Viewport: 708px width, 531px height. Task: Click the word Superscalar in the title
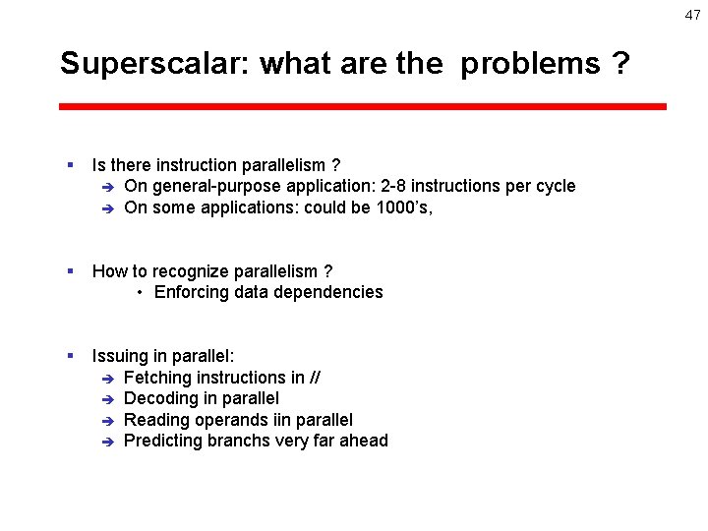[155, 64]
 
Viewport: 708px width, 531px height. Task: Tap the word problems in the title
[530, 65]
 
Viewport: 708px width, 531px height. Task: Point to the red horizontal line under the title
[363, 106]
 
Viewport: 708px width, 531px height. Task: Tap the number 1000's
[404, 207]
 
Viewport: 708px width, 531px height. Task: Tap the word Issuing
[120, 356]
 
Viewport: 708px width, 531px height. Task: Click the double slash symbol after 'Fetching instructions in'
[316, 378]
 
